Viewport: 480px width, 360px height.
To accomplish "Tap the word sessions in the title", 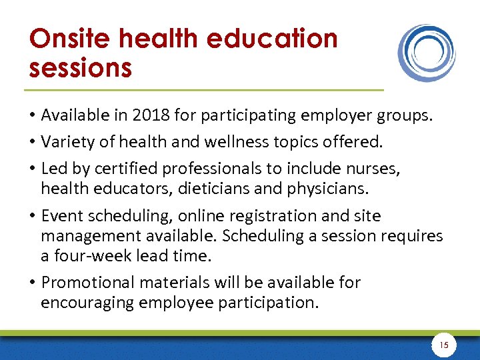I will (80, 68).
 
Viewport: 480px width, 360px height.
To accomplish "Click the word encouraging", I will (87, 303).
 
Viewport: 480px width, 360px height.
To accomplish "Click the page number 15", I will (444, 345).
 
